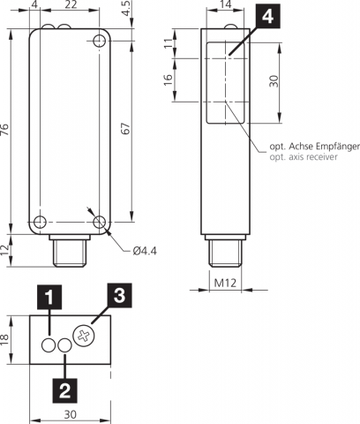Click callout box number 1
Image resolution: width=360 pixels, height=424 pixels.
49,297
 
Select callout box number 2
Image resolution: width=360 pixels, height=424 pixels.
64,390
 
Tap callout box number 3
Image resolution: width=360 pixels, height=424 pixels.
119,295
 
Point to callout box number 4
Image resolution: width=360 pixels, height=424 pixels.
267,16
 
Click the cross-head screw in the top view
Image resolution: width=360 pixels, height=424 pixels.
84,337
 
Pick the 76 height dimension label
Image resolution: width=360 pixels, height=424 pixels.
5,130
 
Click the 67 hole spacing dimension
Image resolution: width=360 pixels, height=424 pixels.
125,129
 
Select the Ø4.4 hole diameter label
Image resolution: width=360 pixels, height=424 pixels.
145,251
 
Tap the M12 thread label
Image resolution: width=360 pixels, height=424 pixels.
225,283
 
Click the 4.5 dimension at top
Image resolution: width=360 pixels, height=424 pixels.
126,9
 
